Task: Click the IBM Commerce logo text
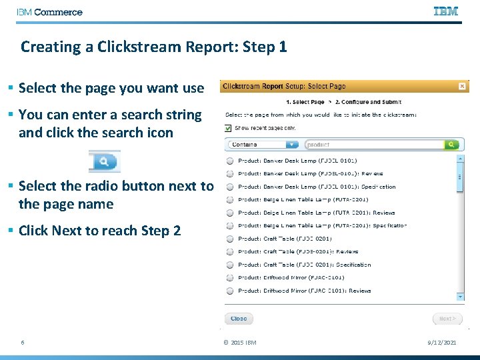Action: click(x=50, y=12)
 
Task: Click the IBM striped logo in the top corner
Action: click(x=446, y=11)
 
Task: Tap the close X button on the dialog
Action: click(x=462, y=86)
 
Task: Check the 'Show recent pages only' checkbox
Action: click(x=229, y=128)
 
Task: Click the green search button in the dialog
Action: click(x=452, y=144)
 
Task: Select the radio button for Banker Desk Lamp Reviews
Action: click(x=229, y=174)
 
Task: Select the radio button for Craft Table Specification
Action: click(x=229, y=265)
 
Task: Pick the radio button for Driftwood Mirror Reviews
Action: click(x=229, y=291)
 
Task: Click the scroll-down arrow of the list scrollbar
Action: click(x=460, y=296)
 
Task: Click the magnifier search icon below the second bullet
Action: click(x=104, y=161)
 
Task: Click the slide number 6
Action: click(x=23, y=343)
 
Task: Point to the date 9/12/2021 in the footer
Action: click(x=441, y=343)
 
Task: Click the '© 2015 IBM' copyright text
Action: click(x=239, y=343)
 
